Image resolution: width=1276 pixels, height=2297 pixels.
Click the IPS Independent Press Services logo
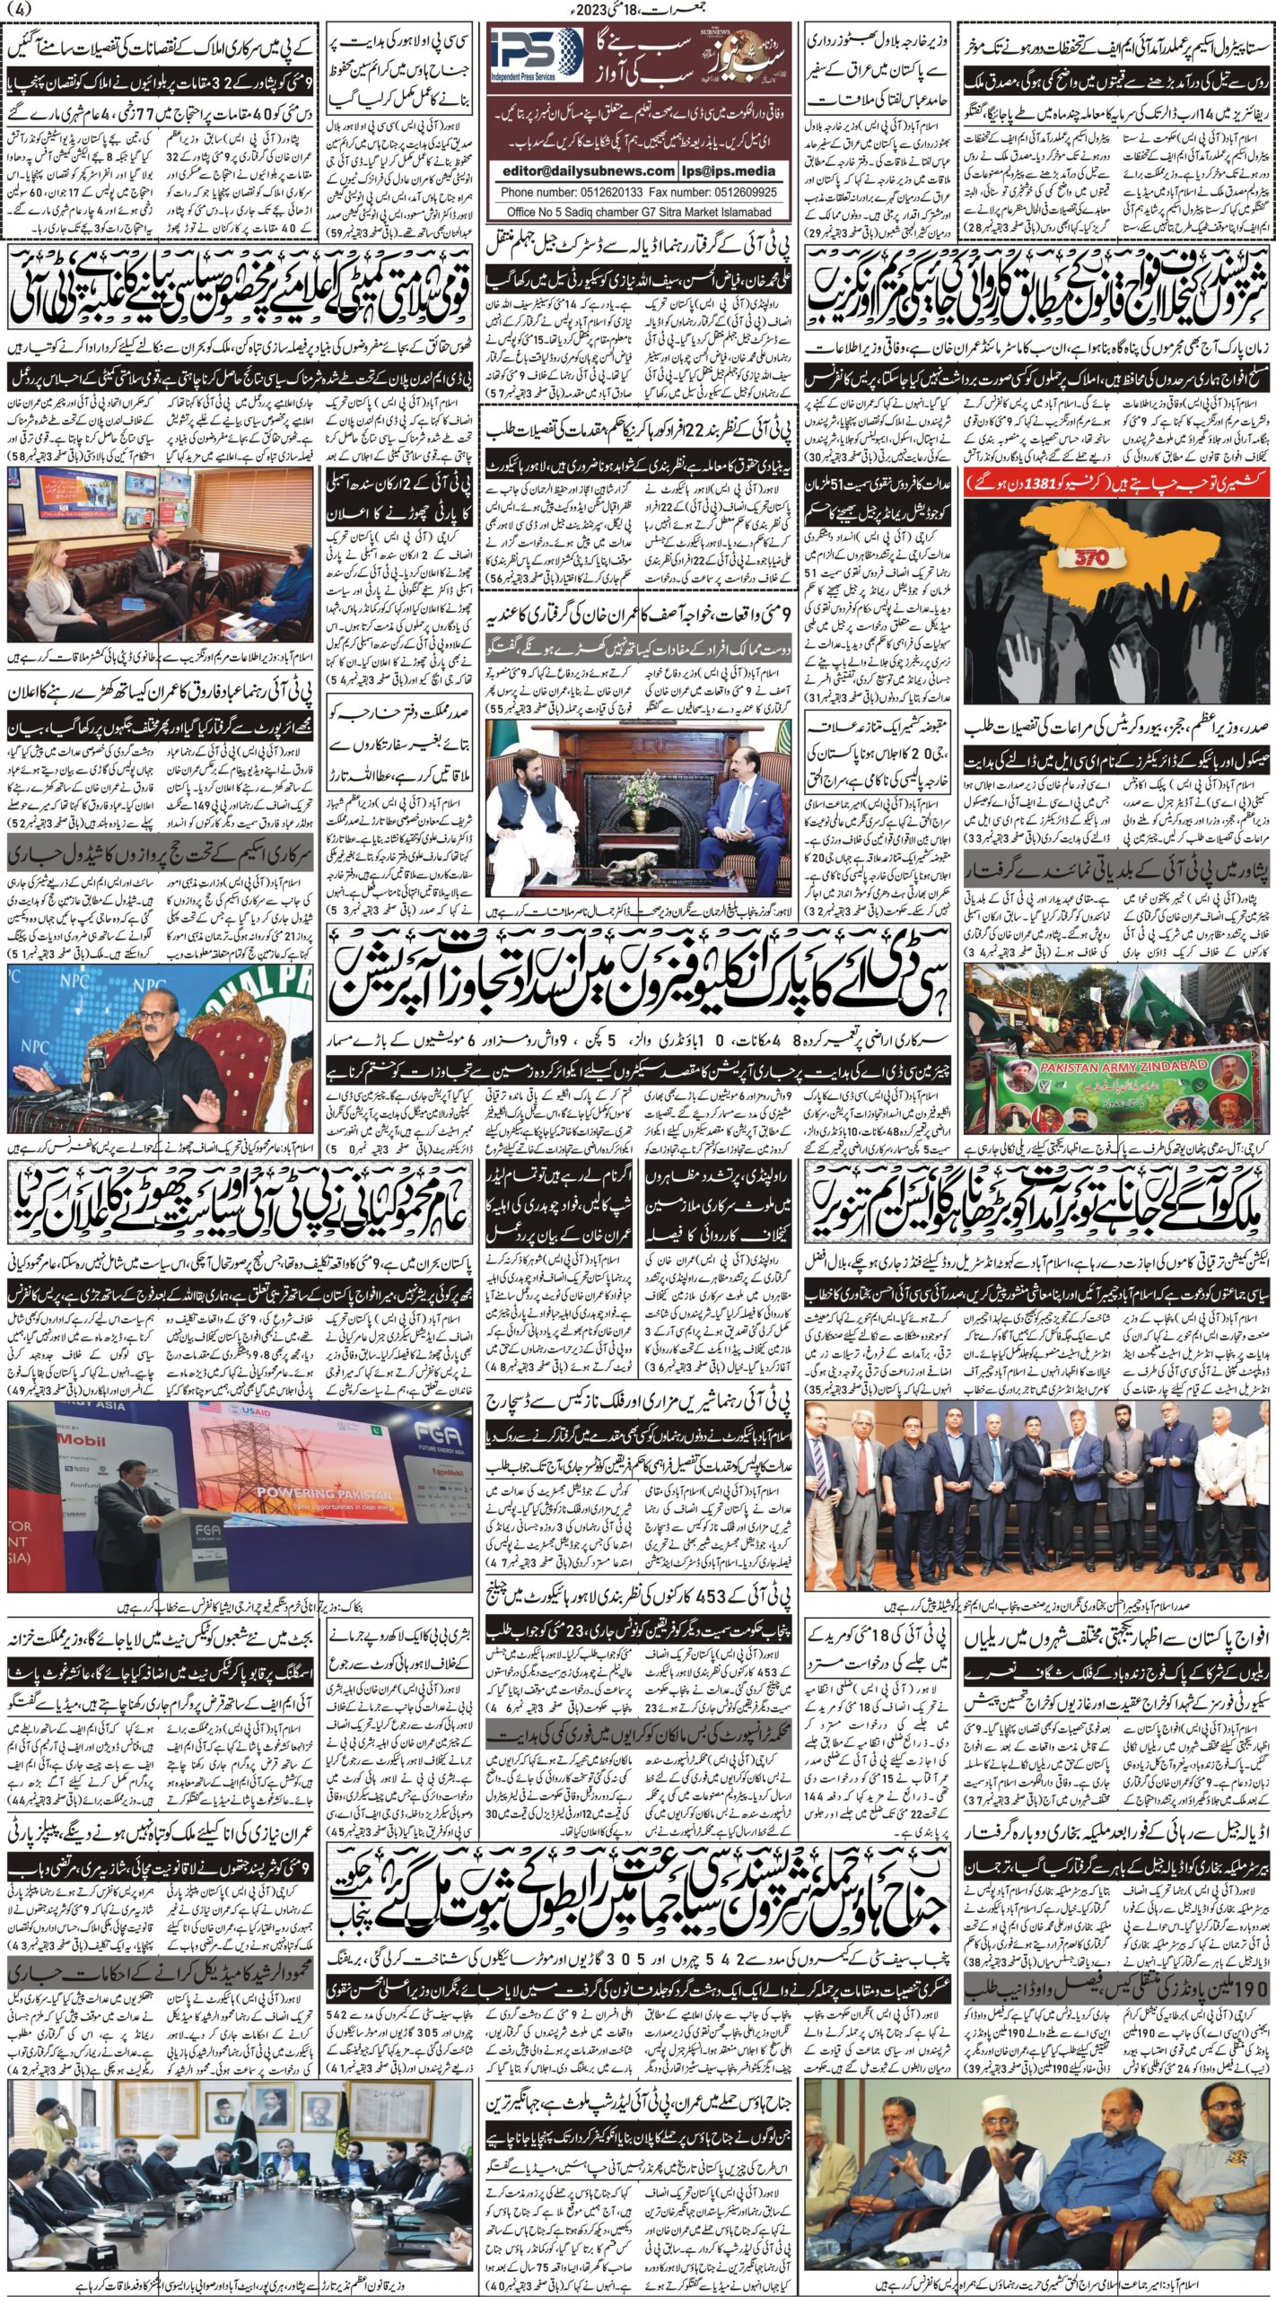pos(538,57)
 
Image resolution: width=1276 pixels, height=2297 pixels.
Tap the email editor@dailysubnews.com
pos(585,170)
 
